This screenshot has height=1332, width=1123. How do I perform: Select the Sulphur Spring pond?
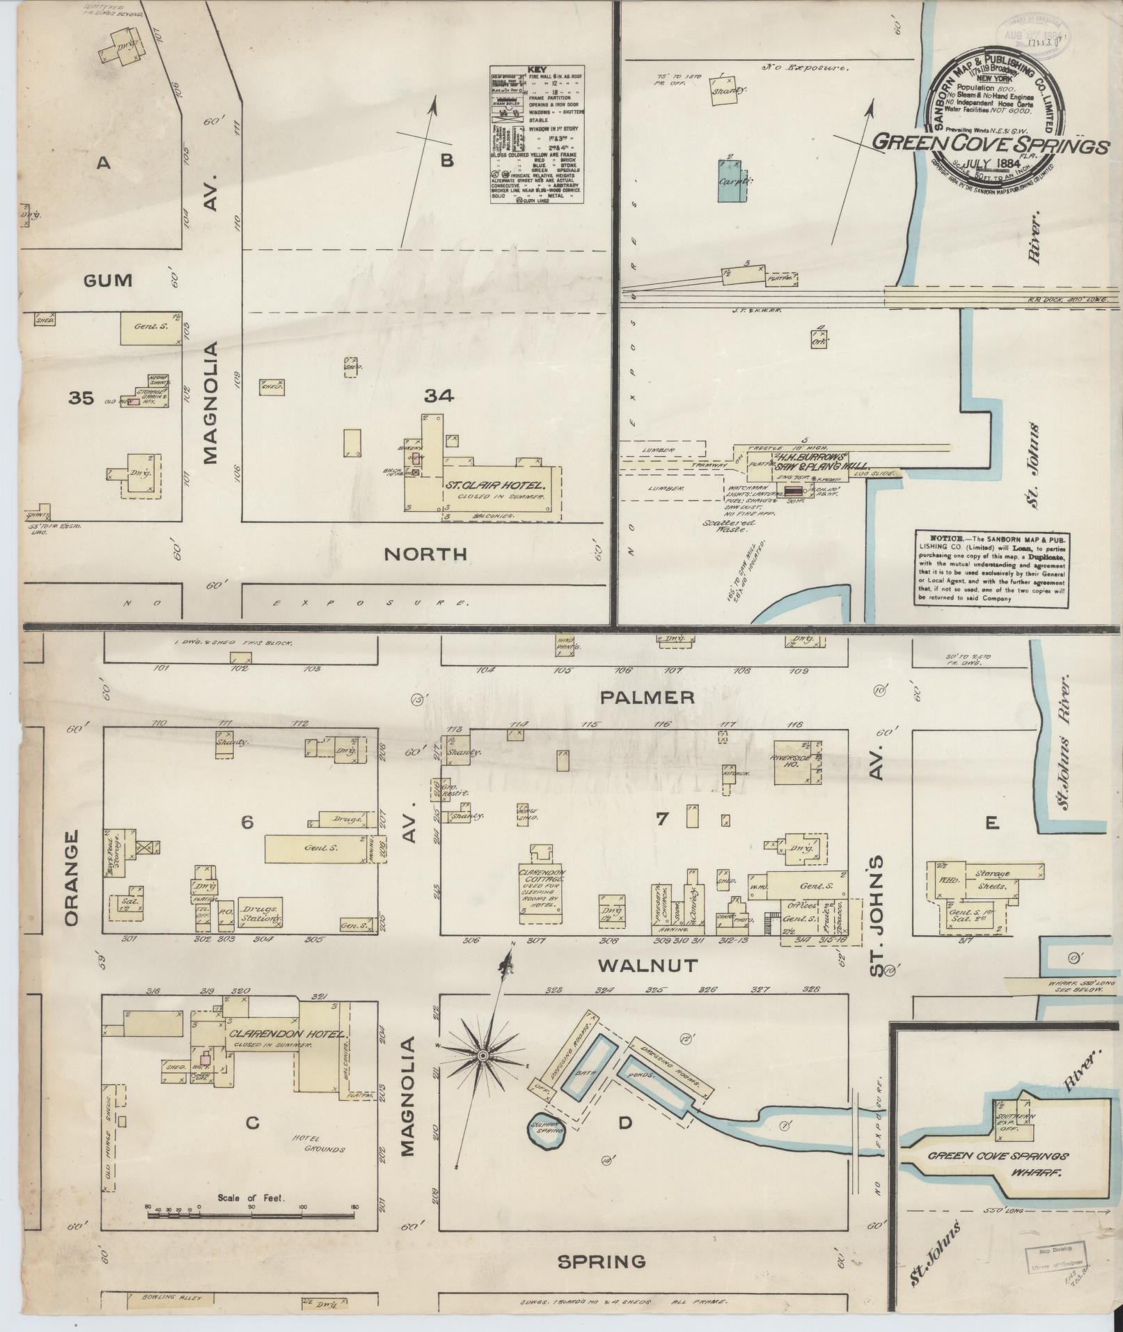click(x=548, y=1133)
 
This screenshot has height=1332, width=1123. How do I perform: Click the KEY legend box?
click(x=537, y=135)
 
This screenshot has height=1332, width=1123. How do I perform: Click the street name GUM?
click(x=107, y=281)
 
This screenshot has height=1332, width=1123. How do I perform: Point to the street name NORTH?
click(x=425, y=554)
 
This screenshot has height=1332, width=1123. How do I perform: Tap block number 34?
click(x=439, y=396)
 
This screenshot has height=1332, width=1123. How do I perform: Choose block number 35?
click(x=81, y=398)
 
